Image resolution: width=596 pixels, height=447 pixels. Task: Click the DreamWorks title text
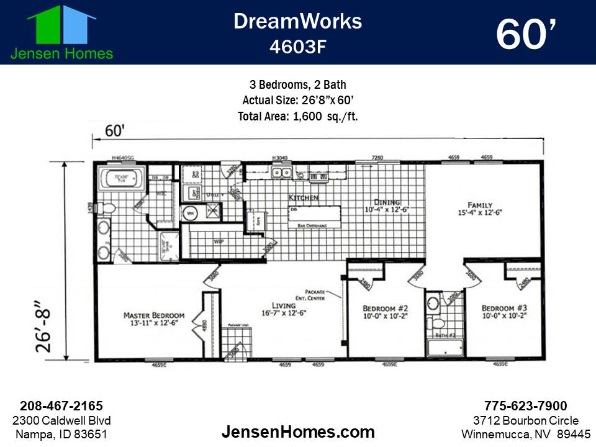(297, 21)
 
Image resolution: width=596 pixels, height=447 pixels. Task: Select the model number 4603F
(297, 47)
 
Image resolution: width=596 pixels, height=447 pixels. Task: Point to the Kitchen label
(304, 197)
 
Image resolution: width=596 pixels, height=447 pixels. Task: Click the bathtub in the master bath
(121, 179)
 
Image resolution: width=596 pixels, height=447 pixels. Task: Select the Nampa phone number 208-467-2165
(61, 406)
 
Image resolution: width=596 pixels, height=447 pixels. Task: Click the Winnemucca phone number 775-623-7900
(525, 406)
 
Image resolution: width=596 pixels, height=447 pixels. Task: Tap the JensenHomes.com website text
(298, 431)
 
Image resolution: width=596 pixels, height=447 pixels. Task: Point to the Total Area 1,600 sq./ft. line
(298, 116)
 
